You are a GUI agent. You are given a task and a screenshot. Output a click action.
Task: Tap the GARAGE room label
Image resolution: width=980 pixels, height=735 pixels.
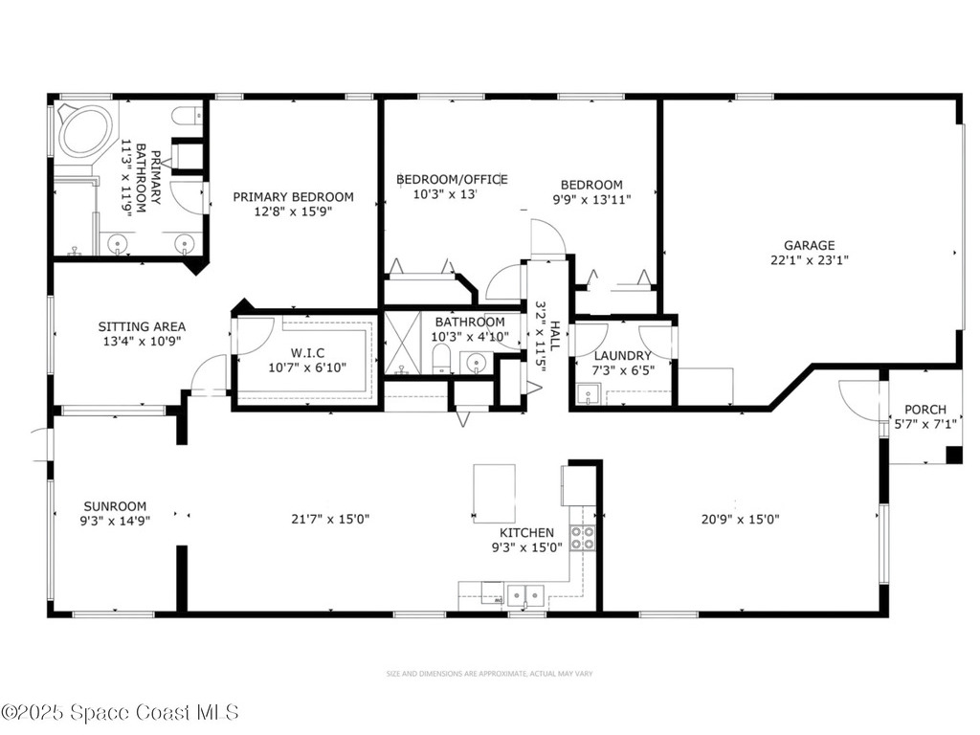809,245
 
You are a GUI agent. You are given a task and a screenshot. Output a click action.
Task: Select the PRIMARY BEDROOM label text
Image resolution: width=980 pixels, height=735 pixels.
293,197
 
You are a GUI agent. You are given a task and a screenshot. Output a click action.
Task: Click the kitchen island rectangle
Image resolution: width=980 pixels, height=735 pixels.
494,493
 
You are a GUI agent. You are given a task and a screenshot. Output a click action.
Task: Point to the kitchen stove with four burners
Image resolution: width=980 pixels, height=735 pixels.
582,538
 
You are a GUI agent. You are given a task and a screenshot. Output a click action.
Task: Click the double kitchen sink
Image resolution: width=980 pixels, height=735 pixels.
524,595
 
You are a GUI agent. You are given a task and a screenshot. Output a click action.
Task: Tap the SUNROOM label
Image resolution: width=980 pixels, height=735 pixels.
115,506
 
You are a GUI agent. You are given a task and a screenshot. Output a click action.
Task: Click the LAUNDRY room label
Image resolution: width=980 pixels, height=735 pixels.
623,355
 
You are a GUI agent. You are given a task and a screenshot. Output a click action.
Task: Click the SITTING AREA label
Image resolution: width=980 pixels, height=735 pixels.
142,326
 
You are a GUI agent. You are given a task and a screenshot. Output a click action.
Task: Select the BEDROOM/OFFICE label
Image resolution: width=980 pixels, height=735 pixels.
452,179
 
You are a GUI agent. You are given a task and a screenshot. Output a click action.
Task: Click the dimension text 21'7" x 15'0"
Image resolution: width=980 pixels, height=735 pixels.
330,519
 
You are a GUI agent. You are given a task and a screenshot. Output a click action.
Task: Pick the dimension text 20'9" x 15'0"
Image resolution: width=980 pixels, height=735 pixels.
740,520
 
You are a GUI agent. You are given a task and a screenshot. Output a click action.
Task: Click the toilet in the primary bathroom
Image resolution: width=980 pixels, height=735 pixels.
186,117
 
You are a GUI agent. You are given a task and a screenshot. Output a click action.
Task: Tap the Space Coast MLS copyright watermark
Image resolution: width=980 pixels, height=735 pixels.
120,712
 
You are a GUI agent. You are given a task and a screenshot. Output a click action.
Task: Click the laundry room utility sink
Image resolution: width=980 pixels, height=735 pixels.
588,394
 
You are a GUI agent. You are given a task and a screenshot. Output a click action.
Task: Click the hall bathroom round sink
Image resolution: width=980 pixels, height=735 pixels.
474,362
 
